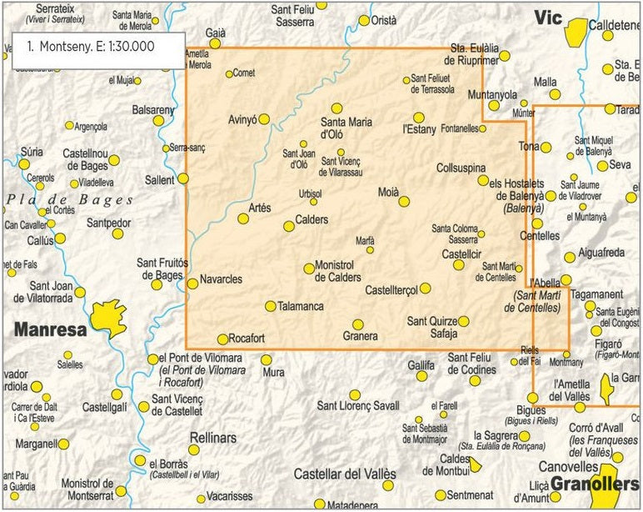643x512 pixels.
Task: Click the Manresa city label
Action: tap(50, 329)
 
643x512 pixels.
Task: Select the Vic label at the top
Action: tap(549, 18)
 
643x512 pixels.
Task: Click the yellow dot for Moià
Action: tap(404, 201)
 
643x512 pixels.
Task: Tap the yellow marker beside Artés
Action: tap(243, 218)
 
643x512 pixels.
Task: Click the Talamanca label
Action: tap(301, 307)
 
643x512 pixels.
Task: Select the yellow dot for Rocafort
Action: tap(222, 339)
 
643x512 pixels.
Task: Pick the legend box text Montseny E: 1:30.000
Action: tap(91, 47)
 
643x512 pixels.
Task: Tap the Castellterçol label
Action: tap(392, 289)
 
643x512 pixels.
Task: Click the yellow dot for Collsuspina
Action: tap(482, 180)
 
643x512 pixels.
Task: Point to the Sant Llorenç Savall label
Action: tap(358, 406)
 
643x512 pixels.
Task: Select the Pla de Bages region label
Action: tap(70, 200)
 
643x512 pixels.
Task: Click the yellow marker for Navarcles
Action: tap(192, 284)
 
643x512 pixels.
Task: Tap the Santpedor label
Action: tap(109, 223)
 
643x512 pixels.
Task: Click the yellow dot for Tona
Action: tap(546, 148)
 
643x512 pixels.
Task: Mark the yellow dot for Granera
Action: tap(358, 324)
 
